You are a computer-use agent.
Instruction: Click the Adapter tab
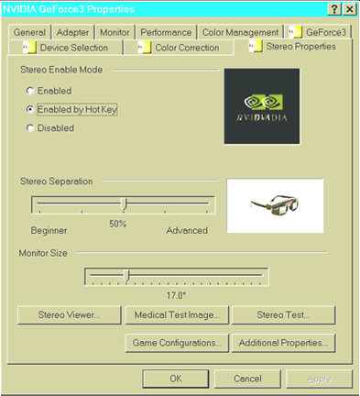72,32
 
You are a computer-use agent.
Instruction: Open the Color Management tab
241,32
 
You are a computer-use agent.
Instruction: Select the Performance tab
166,32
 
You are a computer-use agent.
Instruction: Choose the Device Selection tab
66,48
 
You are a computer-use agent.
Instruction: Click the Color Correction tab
179,48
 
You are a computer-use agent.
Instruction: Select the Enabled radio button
30,91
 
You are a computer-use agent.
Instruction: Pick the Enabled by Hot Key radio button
30,109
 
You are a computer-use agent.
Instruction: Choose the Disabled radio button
30,127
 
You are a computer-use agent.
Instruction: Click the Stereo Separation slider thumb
124,204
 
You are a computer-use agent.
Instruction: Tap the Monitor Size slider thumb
126,276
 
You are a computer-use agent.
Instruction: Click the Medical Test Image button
177,315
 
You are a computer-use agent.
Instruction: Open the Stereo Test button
283,315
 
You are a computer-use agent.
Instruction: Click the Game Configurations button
177,343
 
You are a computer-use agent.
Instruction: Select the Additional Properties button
283,343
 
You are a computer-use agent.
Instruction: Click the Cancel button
247,379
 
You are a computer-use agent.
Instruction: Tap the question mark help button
334,9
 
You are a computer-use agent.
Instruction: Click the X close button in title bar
350,9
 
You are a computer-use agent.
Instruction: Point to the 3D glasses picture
275,205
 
